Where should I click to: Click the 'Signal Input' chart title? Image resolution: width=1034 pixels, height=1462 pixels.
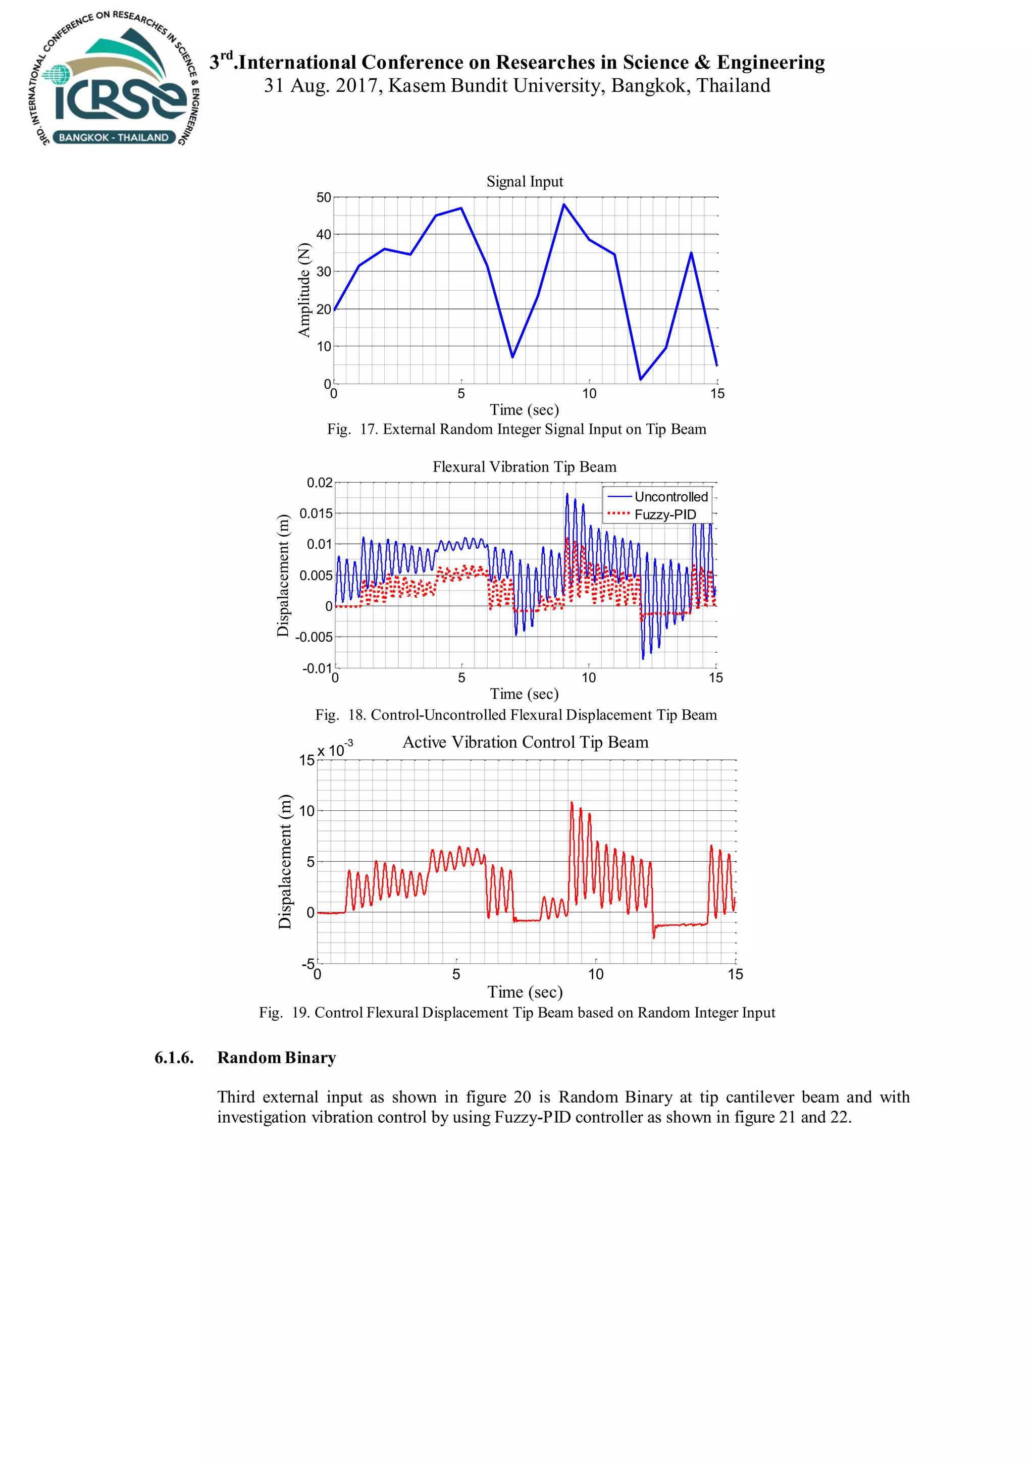coord(525,181)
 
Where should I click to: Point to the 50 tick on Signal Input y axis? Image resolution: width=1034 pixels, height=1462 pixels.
coord(324,197)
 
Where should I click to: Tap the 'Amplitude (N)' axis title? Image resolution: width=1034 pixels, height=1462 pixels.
coord(304,290)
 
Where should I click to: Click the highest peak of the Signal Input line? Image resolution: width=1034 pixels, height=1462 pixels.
coord(563,204)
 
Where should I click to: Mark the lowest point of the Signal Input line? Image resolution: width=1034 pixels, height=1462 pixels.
coord(641,380)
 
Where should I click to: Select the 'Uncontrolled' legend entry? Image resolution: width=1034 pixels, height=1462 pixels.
coord(670,497)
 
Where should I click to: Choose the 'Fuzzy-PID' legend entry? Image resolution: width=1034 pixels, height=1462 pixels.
coord(665,514)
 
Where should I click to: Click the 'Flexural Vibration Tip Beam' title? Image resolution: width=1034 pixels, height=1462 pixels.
coord(525,467)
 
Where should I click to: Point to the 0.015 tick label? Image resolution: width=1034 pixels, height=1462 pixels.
coord(317,513)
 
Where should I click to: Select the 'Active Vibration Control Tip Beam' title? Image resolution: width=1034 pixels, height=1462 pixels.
coord(525,742)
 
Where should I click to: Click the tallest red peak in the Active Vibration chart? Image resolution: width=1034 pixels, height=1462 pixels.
coord(571,803)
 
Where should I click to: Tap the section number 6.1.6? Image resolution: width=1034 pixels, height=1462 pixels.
coord(174,1058)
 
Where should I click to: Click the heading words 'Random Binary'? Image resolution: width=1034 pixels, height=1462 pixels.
coord(276,1058)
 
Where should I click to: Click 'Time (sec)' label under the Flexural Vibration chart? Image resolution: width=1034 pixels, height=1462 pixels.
coord(524,694)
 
